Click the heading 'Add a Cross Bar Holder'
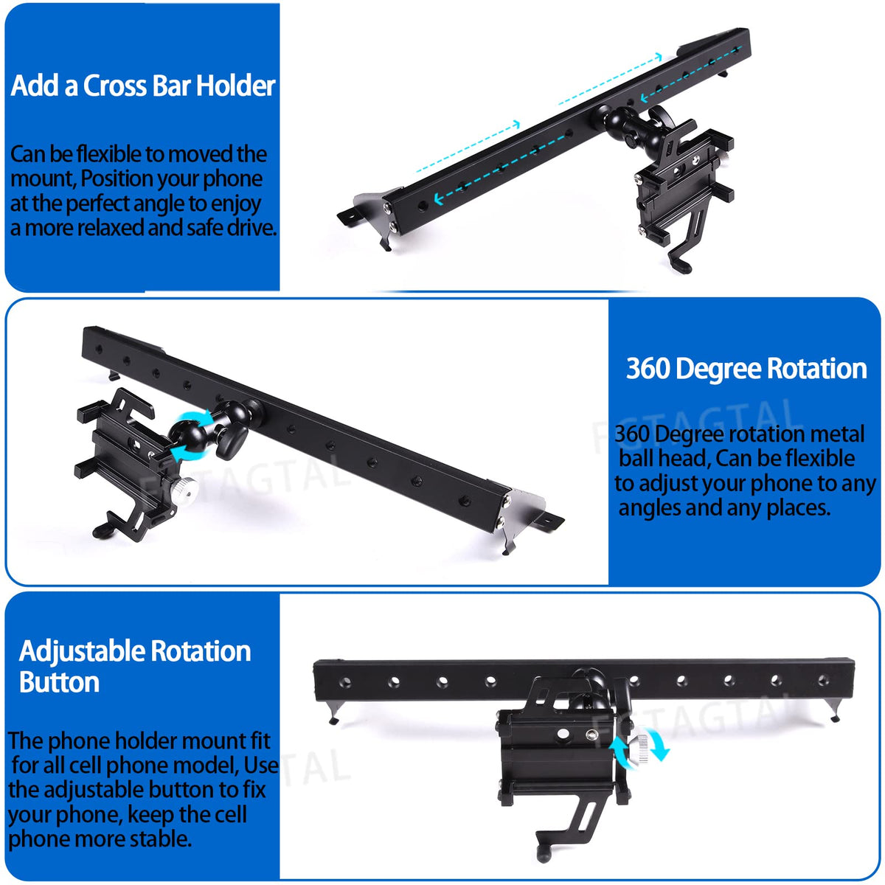pos(143,86)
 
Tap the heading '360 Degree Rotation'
pos(746,368)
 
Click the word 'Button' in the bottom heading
pos(59,682)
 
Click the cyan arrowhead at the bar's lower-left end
pos(439,199)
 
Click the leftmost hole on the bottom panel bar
pos(346,682)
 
